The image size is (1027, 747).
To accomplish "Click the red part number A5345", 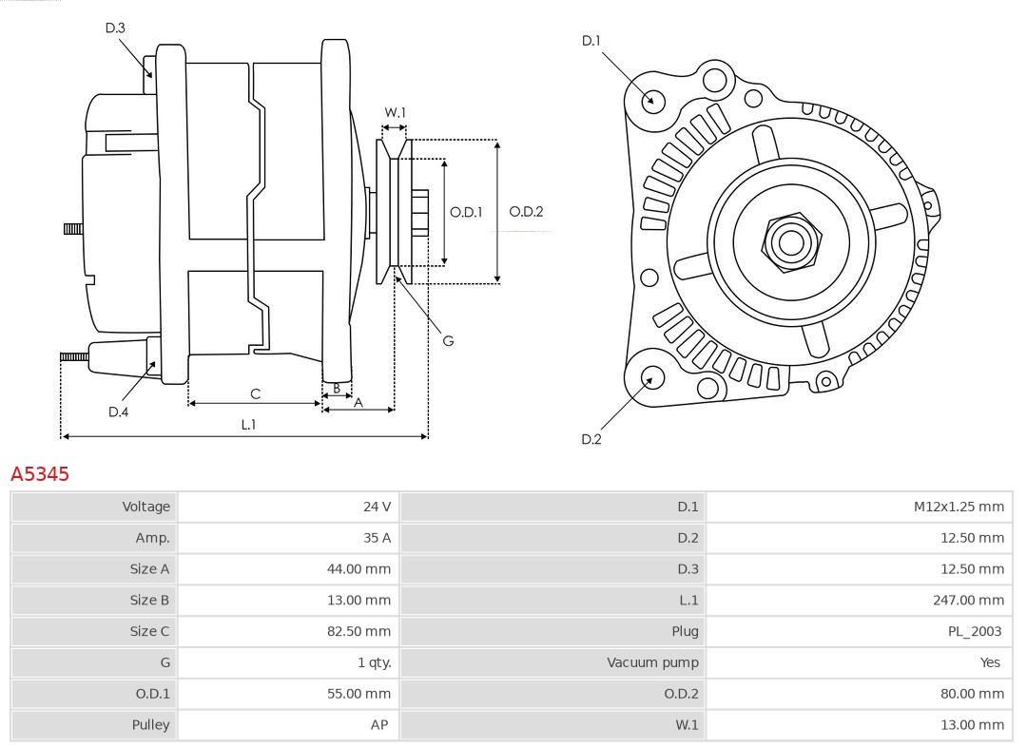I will click(40, 473).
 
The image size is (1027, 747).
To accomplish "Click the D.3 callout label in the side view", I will click(115, 29).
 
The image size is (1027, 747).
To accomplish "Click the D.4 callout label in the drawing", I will click(118, 412).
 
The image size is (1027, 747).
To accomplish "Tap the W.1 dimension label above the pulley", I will click(395, 112).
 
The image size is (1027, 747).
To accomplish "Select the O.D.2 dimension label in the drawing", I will click(526, 212).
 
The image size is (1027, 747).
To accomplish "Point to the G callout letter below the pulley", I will click(448, 340).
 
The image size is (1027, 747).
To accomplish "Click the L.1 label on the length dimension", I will click(248, 425).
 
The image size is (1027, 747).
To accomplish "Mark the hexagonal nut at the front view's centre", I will click(790, 241).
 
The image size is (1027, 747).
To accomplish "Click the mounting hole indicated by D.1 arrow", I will click(653, 100).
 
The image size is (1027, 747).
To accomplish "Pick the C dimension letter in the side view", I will click(255, 393).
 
